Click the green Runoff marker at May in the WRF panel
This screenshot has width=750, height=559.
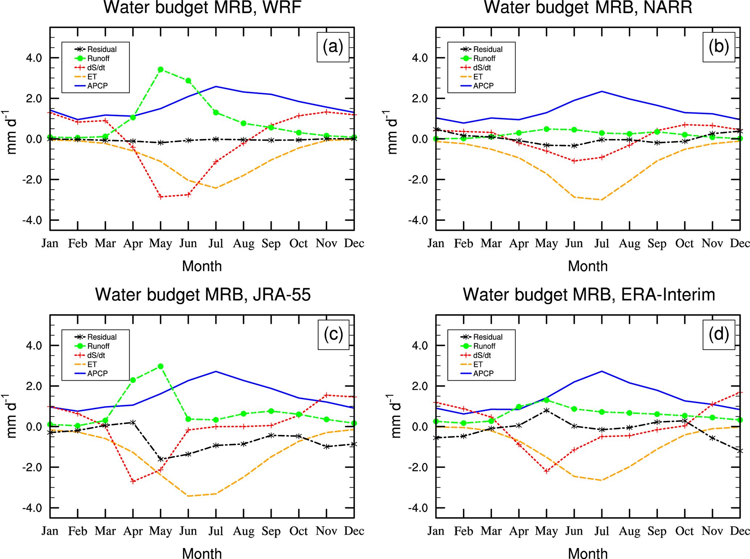(x=160, y=70)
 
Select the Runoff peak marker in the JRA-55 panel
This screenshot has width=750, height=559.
(x=160, y=367)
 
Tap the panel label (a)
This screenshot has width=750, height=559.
(x=333, y=47)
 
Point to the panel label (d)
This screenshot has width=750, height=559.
(x=718, y=335)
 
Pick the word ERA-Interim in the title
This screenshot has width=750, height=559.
(x=668, y=295)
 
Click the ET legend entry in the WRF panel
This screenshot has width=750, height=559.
(x=92, y=77)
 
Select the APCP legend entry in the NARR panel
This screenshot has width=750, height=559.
(x=483, y=86)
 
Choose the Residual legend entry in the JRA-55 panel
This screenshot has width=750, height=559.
(x=102, y=337)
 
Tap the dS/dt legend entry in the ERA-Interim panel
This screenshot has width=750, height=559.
(x=482, y=355)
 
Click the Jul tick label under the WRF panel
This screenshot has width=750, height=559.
(x=216, y=243)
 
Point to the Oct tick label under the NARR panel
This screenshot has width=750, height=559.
(x=684, y=243)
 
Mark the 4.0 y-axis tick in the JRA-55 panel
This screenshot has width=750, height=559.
(x=34, y=345)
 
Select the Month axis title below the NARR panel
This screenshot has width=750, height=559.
(x=587, y=266)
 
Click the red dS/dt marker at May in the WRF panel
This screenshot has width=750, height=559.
(x=160, y=197)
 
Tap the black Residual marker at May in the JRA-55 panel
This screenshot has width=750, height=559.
(x=160, y=459)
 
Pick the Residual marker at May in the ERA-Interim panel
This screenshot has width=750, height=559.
(x=546, y=410)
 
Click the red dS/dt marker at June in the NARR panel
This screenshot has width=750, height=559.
(x=574, y=161)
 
